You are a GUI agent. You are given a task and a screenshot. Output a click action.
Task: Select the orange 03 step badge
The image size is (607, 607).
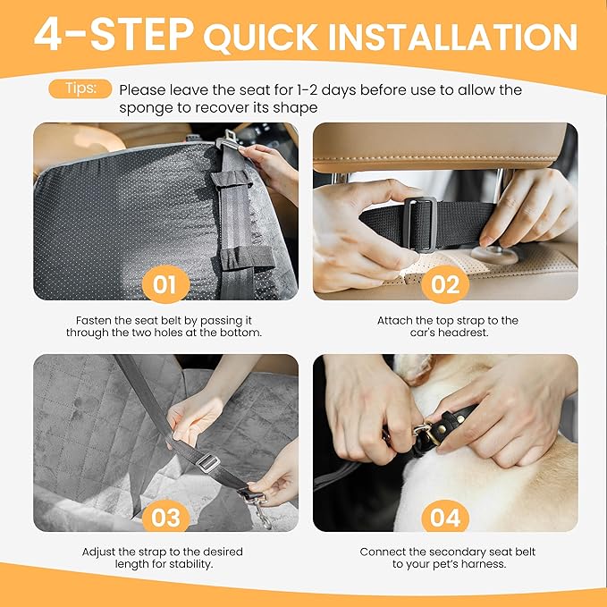[165, 517]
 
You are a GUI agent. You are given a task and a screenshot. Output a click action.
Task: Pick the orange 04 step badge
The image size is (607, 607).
[444, 517]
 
